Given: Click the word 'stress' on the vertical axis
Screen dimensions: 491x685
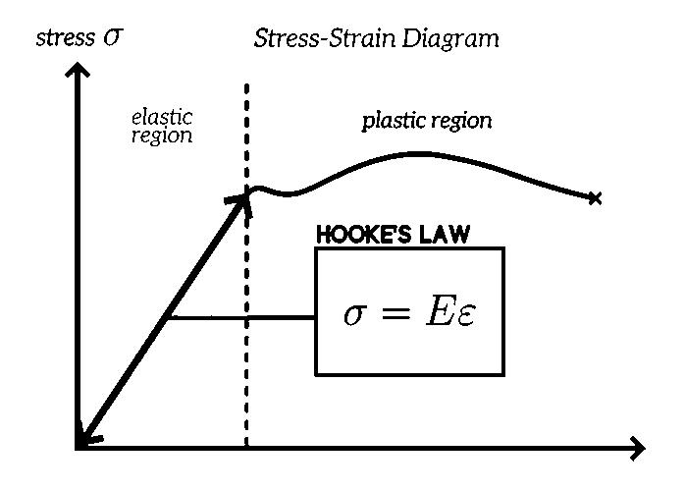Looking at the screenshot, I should click(x=63, y=38).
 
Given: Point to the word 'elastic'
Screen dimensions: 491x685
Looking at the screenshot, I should click(x=162, y=119).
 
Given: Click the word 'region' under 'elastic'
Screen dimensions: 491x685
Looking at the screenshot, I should click(x=162, y=136).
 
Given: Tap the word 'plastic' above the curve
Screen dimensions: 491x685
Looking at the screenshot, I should click(x=394, y=121).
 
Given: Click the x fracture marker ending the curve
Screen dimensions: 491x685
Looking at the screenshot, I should click(x=594, y=198).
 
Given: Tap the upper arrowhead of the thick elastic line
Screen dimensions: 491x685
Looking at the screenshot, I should click(x=238, y=197).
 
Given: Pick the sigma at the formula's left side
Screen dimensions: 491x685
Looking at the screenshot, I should click(x=353, y=314).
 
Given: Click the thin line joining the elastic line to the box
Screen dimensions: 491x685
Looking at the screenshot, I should click(x=240, y=317).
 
